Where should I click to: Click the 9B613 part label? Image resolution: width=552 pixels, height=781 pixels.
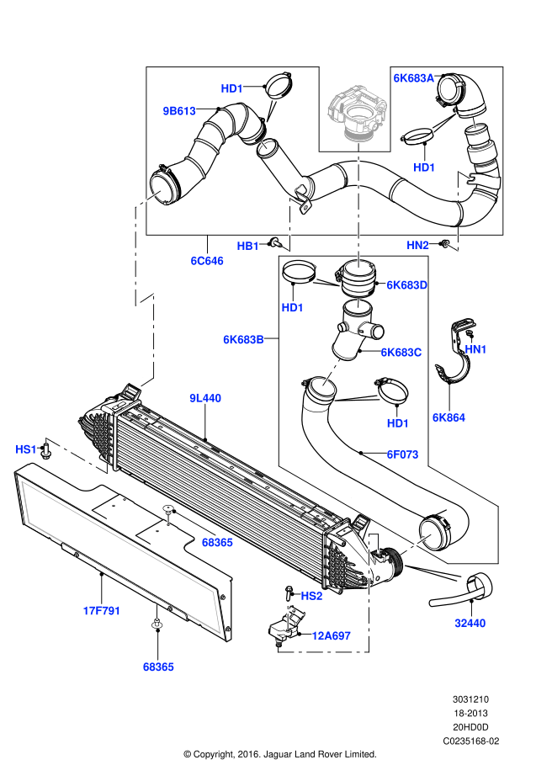pos(178,110)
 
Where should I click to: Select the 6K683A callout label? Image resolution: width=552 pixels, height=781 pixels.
pos(413,77)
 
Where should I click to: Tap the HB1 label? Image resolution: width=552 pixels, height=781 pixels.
pos(248,246)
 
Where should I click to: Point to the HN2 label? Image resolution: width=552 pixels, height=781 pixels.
pos(417,245)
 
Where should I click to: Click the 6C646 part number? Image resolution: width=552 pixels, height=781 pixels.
pos(206,261)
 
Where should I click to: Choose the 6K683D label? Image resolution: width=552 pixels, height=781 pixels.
pos(406,285)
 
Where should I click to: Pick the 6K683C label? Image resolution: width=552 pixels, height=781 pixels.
pos(401,353)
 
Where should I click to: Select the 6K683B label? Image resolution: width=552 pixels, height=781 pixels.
pos(243,340)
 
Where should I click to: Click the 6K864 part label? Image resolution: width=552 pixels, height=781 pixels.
pos(448,417)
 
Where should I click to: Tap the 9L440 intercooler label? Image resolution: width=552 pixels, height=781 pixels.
pos(204,398)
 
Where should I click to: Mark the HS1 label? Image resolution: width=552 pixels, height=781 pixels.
pos(26,449)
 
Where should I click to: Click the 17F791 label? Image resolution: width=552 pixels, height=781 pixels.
pos(101,610)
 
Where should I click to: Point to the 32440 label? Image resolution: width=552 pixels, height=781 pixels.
pos(470,623)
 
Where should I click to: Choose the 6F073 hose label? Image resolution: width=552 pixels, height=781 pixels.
pos(402,454)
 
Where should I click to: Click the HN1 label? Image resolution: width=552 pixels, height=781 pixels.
pos(475,348)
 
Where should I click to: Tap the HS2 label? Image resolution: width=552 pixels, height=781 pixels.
pos(311,595)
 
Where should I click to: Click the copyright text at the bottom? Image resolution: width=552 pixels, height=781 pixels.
pos(280,753)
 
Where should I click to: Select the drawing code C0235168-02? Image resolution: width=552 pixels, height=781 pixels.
pos(471,741)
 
